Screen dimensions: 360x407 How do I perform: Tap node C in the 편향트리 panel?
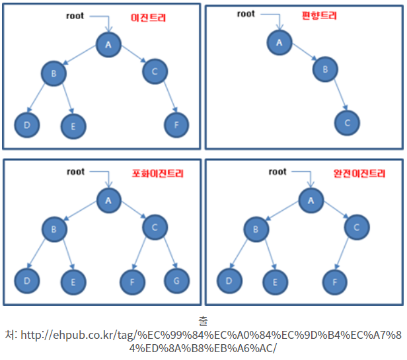[x=347, y=122]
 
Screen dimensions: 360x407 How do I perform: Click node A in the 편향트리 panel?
[x=279, y=42]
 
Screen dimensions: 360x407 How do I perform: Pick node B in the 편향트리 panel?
[x=324, y=68]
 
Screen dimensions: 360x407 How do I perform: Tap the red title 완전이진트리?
[x=358, y=174]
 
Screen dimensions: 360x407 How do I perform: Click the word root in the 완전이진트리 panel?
[x=278, y=172]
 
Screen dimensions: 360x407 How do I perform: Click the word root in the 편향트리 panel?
[x=245, y=14]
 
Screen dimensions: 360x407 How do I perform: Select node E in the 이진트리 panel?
[x=73, y=126]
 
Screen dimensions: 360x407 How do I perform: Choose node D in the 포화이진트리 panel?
[x=27, y=281]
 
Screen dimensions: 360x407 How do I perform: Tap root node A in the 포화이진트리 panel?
[x=108, y=198]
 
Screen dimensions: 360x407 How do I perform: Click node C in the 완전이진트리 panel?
[x=356, y=227]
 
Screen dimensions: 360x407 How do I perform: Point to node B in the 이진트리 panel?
[x=54, y=73]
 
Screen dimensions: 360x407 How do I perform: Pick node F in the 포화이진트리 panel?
[x=132, y=282]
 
